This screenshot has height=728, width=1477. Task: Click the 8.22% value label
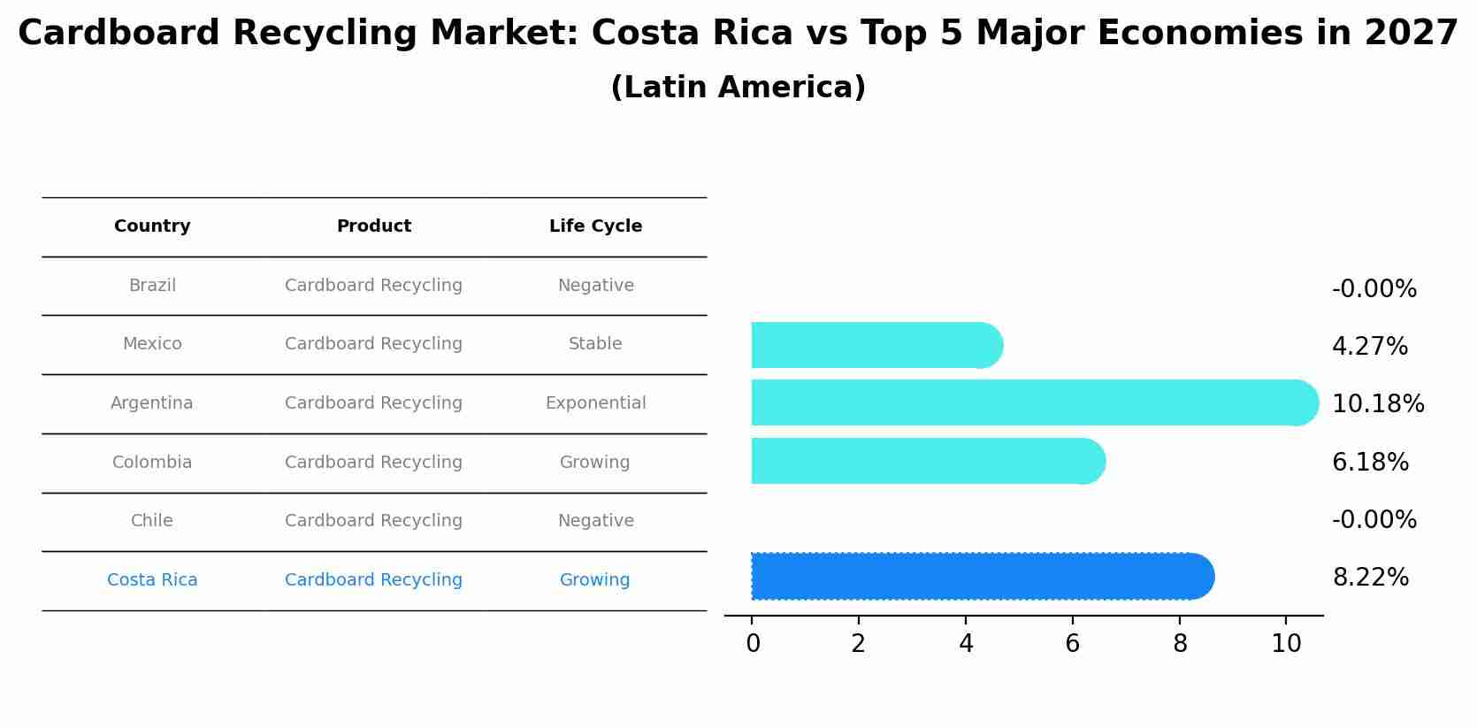[x=1370, y=578]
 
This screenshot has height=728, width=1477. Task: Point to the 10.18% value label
[x=1378, y=404]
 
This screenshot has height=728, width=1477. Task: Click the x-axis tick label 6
[x=1072, y=644]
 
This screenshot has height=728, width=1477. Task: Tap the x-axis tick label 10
[x=1286, y=644]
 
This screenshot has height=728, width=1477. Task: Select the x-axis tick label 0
[x=753, y=644]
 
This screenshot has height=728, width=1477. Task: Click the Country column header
[x=152, y=226]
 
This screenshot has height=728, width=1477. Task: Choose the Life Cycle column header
[x=595, y=226]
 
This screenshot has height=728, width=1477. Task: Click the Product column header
[x=373, y=226]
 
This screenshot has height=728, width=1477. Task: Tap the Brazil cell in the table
[x=152, y=286]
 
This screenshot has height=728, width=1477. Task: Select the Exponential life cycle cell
[x=595, y=403]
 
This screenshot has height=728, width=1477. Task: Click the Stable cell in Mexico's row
[x=595, y=344]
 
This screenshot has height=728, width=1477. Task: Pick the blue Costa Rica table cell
[x=152, y=580]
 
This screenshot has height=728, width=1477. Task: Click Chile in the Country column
[x=152, y=521]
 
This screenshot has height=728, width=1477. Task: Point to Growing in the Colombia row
[x=594, y=463]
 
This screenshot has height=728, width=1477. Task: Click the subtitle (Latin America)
[x=738, y=88]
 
